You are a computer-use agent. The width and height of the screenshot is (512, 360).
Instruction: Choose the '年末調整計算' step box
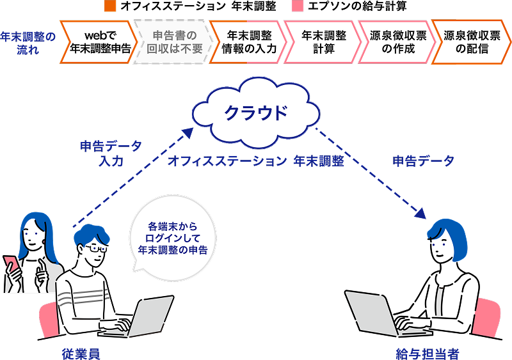[x=319, y=42]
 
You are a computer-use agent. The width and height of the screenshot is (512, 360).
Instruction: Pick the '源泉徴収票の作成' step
[x=393, y=42]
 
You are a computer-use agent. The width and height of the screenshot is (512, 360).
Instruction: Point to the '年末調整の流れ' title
[x=28, y=42]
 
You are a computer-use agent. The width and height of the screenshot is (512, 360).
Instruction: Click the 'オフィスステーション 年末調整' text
[x=255, y=161]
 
